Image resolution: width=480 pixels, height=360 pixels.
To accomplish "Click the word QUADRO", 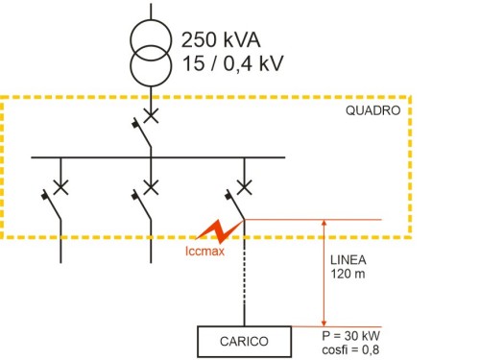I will pos(372,111).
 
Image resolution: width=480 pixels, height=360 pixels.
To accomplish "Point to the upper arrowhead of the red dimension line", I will pos(324,225).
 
